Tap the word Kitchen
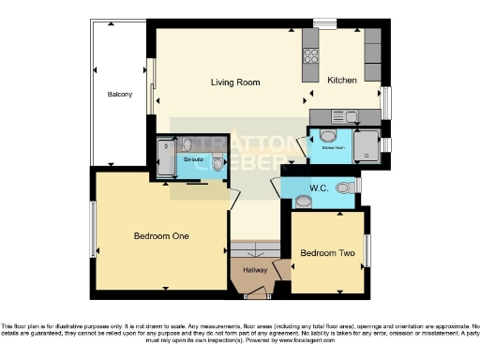tap(342, 82)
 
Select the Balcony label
tap(119, 95)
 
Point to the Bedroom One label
tap(161, 236)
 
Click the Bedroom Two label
tap(327, 253)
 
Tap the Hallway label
tap(255, 270)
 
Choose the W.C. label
tap(318, 187)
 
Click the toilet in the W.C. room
tap(348, 186)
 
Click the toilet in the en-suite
tap(218, 164)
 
